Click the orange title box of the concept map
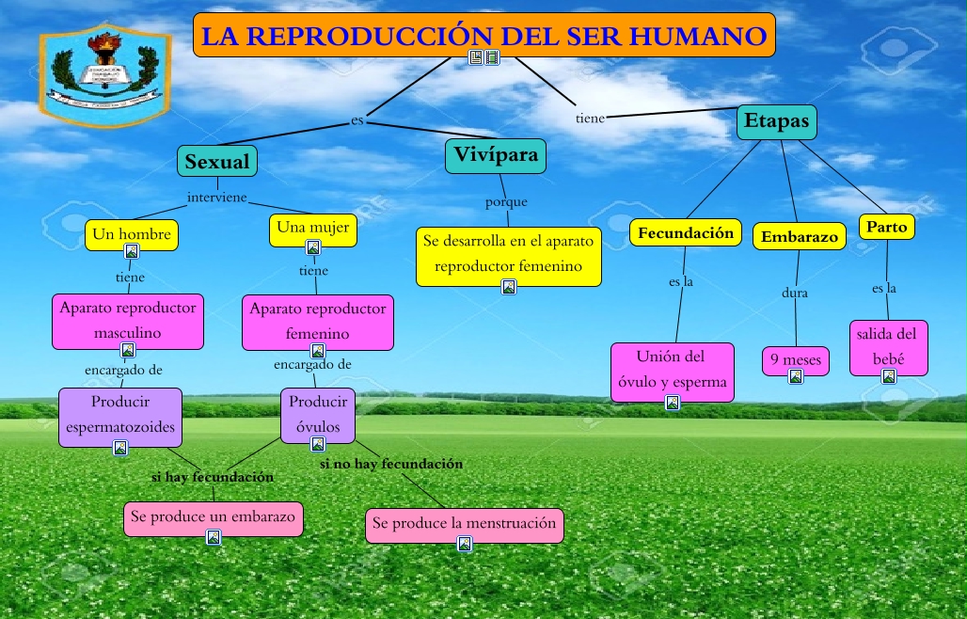pyautogui.click(x=483, y=36)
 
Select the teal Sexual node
pyautogui.click(x=217, y=161)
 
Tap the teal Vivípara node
pyautogui.click(x=496, y=154)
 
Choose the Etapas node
pyautogui.click(x=776, y=121)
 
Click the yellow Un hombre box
pyautogui.click(x=132, y=234)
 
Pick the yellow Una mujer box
pyautogui.click(x=313, y=228)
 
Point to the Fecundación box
pyautogui.click(x=685, y=233)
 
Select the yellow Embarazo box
pyautogui.click(x=799, y=237)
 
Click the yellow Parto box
pyautogui.click(x=886, y=227)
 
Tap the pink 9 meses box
pyautogui.click(x=795, y=359)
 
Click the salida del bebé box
pyautogui.click(x=888, y=344)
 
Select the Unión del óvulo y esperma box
pyautogui.click(x=671, y=369)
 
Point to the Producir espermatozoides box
pyautogui.click(x=120, y=415)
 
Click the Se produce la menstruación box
pyautogui.click(x=464, y=523)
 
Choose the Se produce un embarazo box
pyautogui.click(x=214, y=516)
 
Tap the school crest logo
pyautogui.click(x=104, y=77)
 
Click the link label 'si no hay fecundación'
pyautogui.click(x=390, y=464)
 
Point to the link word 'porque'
pyautogui.click(x=506, y=202)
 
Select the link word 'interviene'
pyautogui.click(x=216, y=198)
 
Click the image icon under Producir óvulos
pyautogui.click(x=318, y=444)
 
